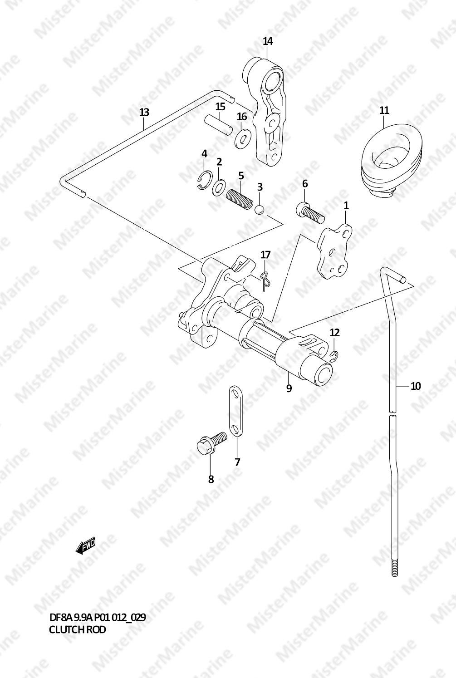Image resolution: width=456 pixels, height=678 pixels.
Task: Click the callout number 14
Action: point(268,42)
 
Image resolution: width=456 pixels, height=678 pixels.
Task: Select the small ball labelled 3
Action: point(259,209)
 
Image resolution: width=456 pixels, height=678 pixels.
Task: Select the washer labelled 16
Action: point(243,137)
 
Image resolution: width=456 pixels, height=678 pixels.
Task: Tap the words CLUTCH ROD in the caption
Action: point(77,630)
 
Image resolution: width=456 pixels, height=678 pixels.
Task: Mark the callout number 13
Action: point(144,112)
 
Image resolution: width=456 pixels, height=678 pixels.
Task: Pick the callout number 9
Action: point(289,388)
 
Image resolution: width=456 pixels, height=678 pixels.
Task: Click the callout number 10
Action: point(416,386)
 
